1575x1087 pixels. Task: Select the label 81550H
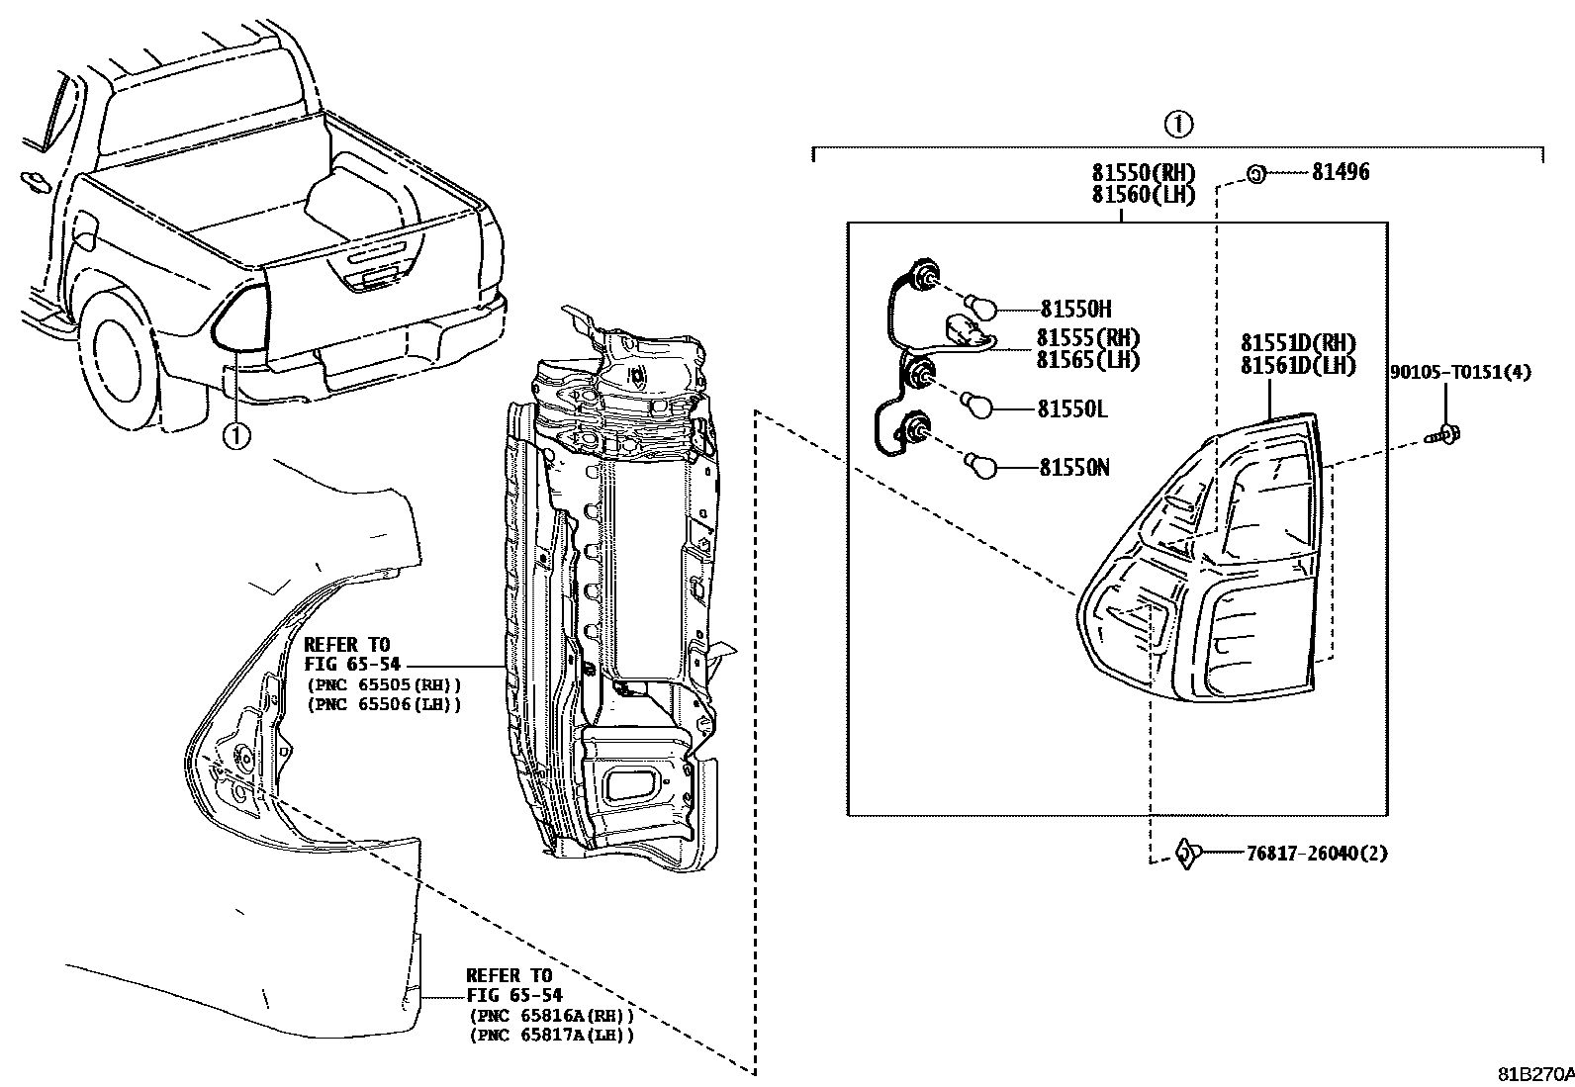tap(1075, 310)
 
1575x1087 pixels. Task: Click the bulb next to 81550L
tap(978, 406)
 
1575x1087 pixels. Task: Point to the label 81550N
tap(1073, 467)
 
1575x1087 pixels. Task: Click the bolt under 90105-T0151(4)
tap(1446, 433)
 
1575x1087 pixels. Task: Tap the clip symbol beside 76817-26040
tap(1186, 852)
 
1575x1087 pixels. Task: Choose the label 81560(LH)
tap(1143, 195)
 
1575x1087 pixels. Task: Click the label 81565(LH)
tap(1087, 360)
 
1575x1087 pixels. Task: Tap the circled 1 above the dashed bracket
tap(1177, 125)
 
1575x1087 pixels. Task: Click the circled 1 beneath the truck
tap(235, 434)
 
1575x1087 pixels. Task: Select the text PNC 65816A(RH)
tap(550, 1016)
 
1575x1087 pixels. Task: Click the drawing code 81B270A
tap(1533, 1075)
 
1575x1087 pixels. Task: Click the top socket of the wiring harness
tap(927, 279)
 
